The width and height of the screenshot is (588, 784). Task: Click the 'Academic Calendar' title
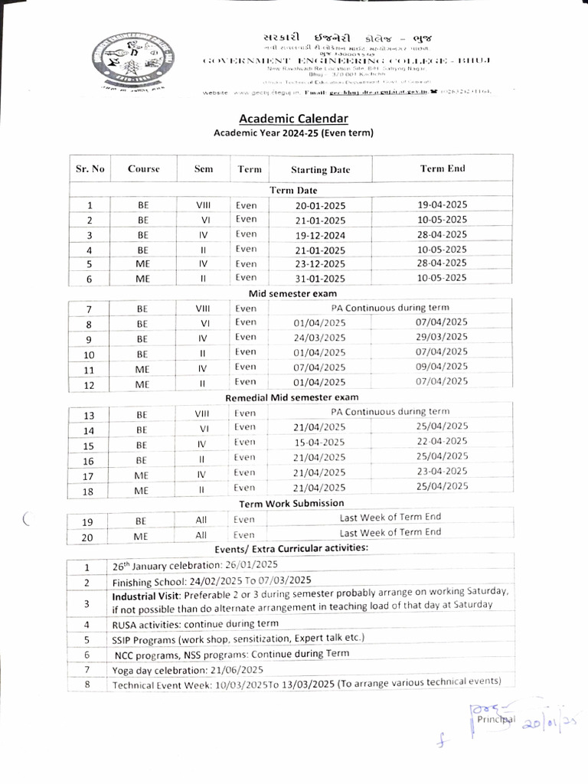click(293, 119)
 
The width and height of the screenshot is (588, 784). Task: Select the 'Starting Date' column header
click(320, 170)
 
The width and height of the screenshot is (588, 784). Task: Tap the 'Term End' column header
click(442, 168)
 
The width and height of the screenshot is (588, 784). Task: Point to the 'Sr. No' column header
click(90, 168)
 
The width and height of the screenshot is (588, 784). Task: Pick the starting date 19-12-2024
click(320, 235)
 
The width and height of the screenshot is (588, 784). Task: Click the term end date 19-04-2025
click(442, 204)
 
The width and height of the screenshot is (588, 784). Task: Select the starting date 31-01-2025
click(320, 279)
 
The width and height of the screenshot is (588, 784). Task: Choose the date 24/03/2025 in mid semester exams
click(319, 338)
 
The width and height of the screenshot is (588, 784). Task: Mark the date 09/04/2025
click(442, 366)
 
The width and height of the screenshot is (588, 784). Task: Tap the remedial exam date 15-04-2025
click(319, 443)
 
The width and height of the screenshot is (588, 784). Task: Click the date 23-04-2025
click(442, 471)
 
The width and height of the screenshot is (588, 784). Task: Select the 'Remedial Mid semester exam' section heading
click(292, 397)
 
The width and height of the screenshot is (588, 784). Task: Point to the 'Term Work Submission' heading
click(292, 504)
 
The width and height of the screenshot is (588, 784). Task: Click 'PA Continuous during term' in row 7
click(390, 308)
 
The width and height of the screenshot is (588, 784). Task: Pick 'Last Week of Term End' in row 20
click(390, 532)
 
